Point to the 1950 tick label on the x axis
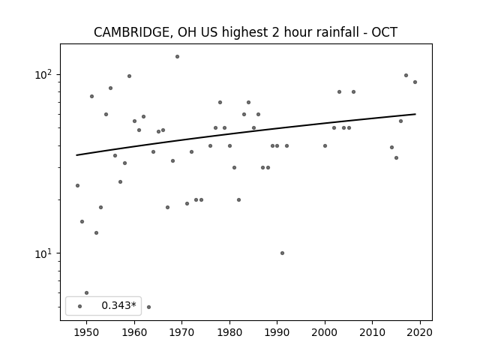[87, 332]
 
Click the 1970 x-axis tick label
[181, 332]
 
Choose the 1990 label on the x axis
[277, 332]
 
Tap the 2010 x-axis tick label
[372, 332]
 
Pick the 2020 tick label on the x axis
[420, 332]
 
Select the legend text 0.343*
[118, 305]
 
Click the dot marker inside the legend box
[80, 307]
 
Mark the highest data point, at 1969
[177, 57]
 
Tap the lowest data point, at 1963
[148, 307]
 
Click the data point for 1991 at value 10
[282, 253]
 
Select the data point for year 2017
[406, 75]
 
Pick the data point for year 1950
[87, 293]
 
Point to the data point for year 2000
[325, 146]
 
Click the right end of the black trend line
[415, 114]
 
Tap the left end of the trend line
[76, 155]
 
